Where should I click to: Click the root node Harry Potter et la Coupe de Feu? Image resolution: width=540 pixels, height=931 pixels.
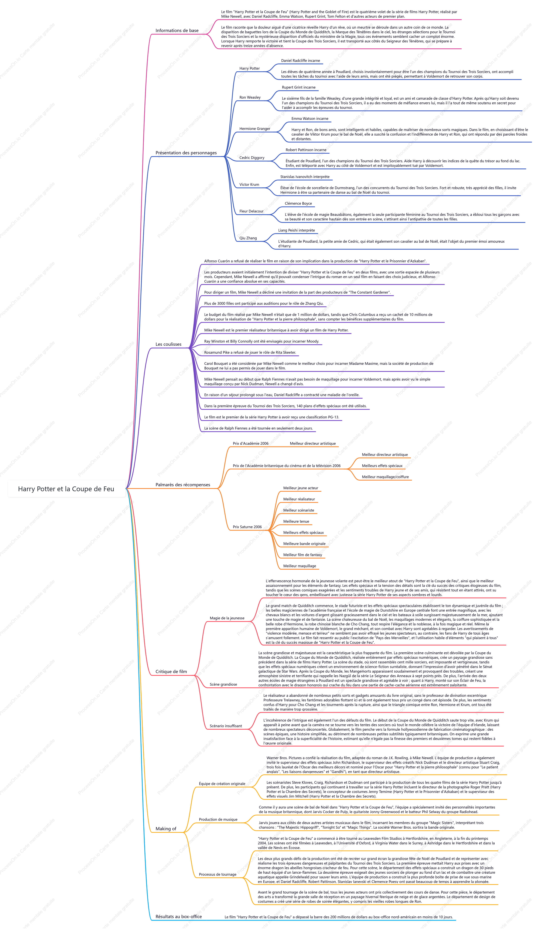click(66, 489)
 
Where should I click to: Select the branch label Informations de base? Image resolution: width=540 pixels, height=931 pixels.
click(177, 31)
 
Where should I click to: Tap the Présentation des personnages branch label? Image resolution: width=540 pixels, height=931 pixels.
click(186, 153)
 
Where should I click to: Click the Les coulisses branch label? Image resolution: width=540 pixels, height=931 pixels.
click(168, 344)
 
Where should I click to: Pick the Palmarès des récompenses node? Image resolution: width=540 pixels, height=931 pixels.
click(183, 485)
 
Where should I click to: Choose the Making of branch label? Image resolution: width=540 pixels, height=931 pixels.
click(166, 829)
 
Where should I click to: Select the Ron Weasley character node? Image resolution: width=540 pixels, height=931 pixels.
click(250, 98)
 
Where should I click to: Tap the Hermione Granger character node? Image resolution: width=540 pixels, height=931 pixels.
click(255, 129)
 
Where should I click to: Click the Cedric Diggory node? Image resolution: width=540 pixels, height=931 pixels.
click(252, 158)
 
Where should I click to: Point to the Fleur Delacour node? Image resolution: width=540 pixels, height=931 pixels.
click(251, 211)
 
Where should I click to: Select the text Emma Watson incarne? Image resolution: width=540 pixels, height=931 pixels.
click(310, 119)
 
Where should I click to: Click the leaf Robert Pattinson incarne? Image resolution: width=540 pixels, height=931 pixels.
click(306, 150)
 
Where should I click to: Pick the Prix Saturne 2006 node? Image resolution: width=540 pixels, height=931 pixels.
click(247, 527)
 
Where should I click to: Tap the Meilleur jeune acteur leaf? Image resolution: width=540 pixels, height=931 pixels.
click(300, 488)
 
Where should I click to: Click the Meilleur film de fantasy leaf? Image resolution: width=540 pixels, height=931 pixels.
click(302, 555)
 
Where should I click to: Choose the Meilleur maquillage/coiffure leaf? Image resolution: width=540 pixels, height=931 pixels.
click(385, 477)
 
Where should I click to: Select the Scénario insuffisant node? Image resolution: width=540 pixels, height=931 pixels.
click(226, 726)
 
